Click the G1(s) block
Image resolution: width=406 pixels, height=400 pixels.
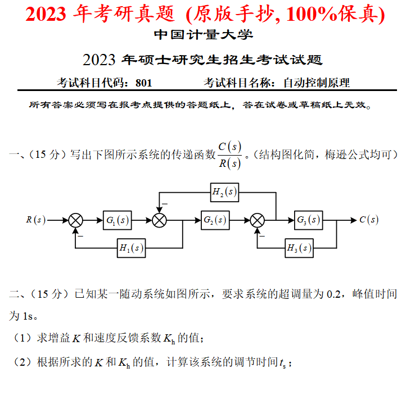click(117, 220)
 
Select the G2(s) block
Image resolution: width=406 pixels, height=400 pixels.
click(215, 220)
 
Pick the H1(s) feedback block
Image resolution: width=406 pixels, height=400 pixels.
click(131, 248)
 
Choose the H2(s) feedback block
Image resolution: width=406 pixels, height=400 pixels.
click(224, 193)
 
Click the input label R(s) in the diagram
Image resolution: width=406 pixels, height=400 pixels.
click(36, 220)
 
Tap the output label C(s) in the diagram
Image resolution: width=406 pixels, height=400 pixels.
click(369, 220)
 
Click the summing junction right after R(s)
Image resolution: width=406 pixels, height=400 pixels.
click(75, 220)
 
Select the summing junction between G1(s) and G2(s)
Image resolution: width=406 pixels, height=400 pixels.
click(160, 220)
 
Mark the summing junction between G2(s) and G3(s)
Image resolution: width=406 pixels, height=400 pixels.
click(258, 220)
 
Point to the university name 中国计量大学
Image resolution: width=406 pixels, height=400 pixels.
click(203, 35)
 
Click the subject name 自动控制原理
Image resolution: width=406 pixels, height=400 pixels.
click(317, 83)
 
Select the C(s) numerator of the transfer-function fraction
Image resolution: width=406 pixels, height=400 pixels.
click(229, 147)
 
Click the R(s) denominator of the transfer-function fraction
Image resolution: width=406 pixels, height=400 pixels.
click(229, 163)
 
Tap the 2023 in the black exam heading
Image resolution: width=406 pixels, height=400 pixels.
click(99, 60)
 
